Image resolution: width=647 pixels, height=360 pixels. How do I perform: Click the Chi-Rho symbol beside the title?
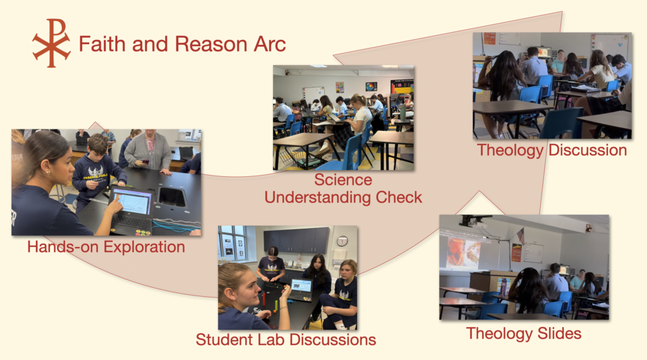click(x=52, y=43)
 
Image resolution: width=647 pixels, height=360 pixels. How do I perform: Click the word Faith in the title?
click(x=102, y=44)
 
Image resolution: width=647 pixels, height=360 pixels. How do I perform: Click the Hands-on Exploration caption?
click(x=106, y=246)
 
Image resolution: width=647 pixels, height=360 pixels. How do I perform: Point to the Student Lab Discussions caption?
click(x=286, y=339)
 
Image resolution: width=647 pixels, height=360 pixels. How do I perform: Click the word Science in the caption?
click(x=343, y=180)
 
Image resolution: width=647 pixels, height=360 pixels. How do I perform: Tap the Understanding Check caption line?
click(x=343, y=197)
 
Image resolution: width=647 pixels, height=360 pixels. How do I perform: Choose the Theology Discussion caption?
click(x=552, y=150)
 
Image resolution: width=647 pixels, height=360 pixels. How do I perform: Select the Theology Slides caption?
click(x=524, y=333)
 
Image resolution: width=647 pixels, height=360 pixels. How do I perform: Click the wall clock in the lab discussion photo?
click(x=342, y=241)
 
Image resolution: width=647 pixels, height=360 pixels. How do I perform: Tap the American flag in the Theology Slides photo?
click(x=521, y=237)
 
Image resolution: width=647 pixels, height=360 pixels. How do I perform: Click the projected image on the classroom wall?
click(x=464, y=253)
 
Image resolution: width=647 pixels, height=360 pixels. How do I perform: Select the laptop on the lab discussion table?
click(x=300, y=289)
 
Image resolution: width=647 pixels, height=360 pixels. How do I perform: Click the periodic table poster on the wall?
click(x=402, y=87)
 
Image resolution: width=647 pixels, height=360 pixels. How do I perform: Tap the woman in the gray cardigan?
click(x=148, y=150)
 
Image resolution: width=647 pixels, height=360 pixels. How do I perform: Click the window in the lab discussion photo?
click(x=233, y=244)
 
